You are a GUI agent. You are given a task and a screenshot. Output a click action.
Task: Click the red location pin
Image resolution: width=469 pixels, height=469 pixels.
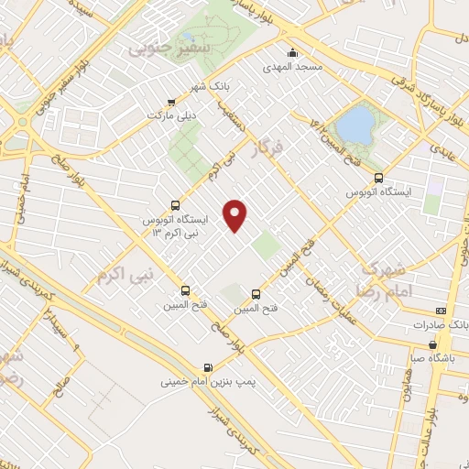237,214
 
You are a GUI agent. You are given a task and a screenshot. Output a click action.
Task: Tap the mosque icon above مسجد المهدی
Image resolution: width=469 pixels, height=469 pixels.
292,51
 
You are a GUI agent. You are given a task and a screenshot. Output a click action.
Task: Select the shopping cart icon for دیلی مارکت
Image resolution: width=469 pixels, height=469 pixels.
170,102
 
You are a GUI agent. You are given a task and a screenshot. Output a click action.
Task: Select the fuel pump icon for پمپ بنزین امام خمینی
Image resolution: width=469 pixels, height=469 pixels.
209,368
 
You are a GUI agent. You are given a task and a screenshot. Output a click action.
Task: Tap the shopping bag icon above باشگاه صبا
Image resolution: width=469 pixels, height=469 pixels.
432,345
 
